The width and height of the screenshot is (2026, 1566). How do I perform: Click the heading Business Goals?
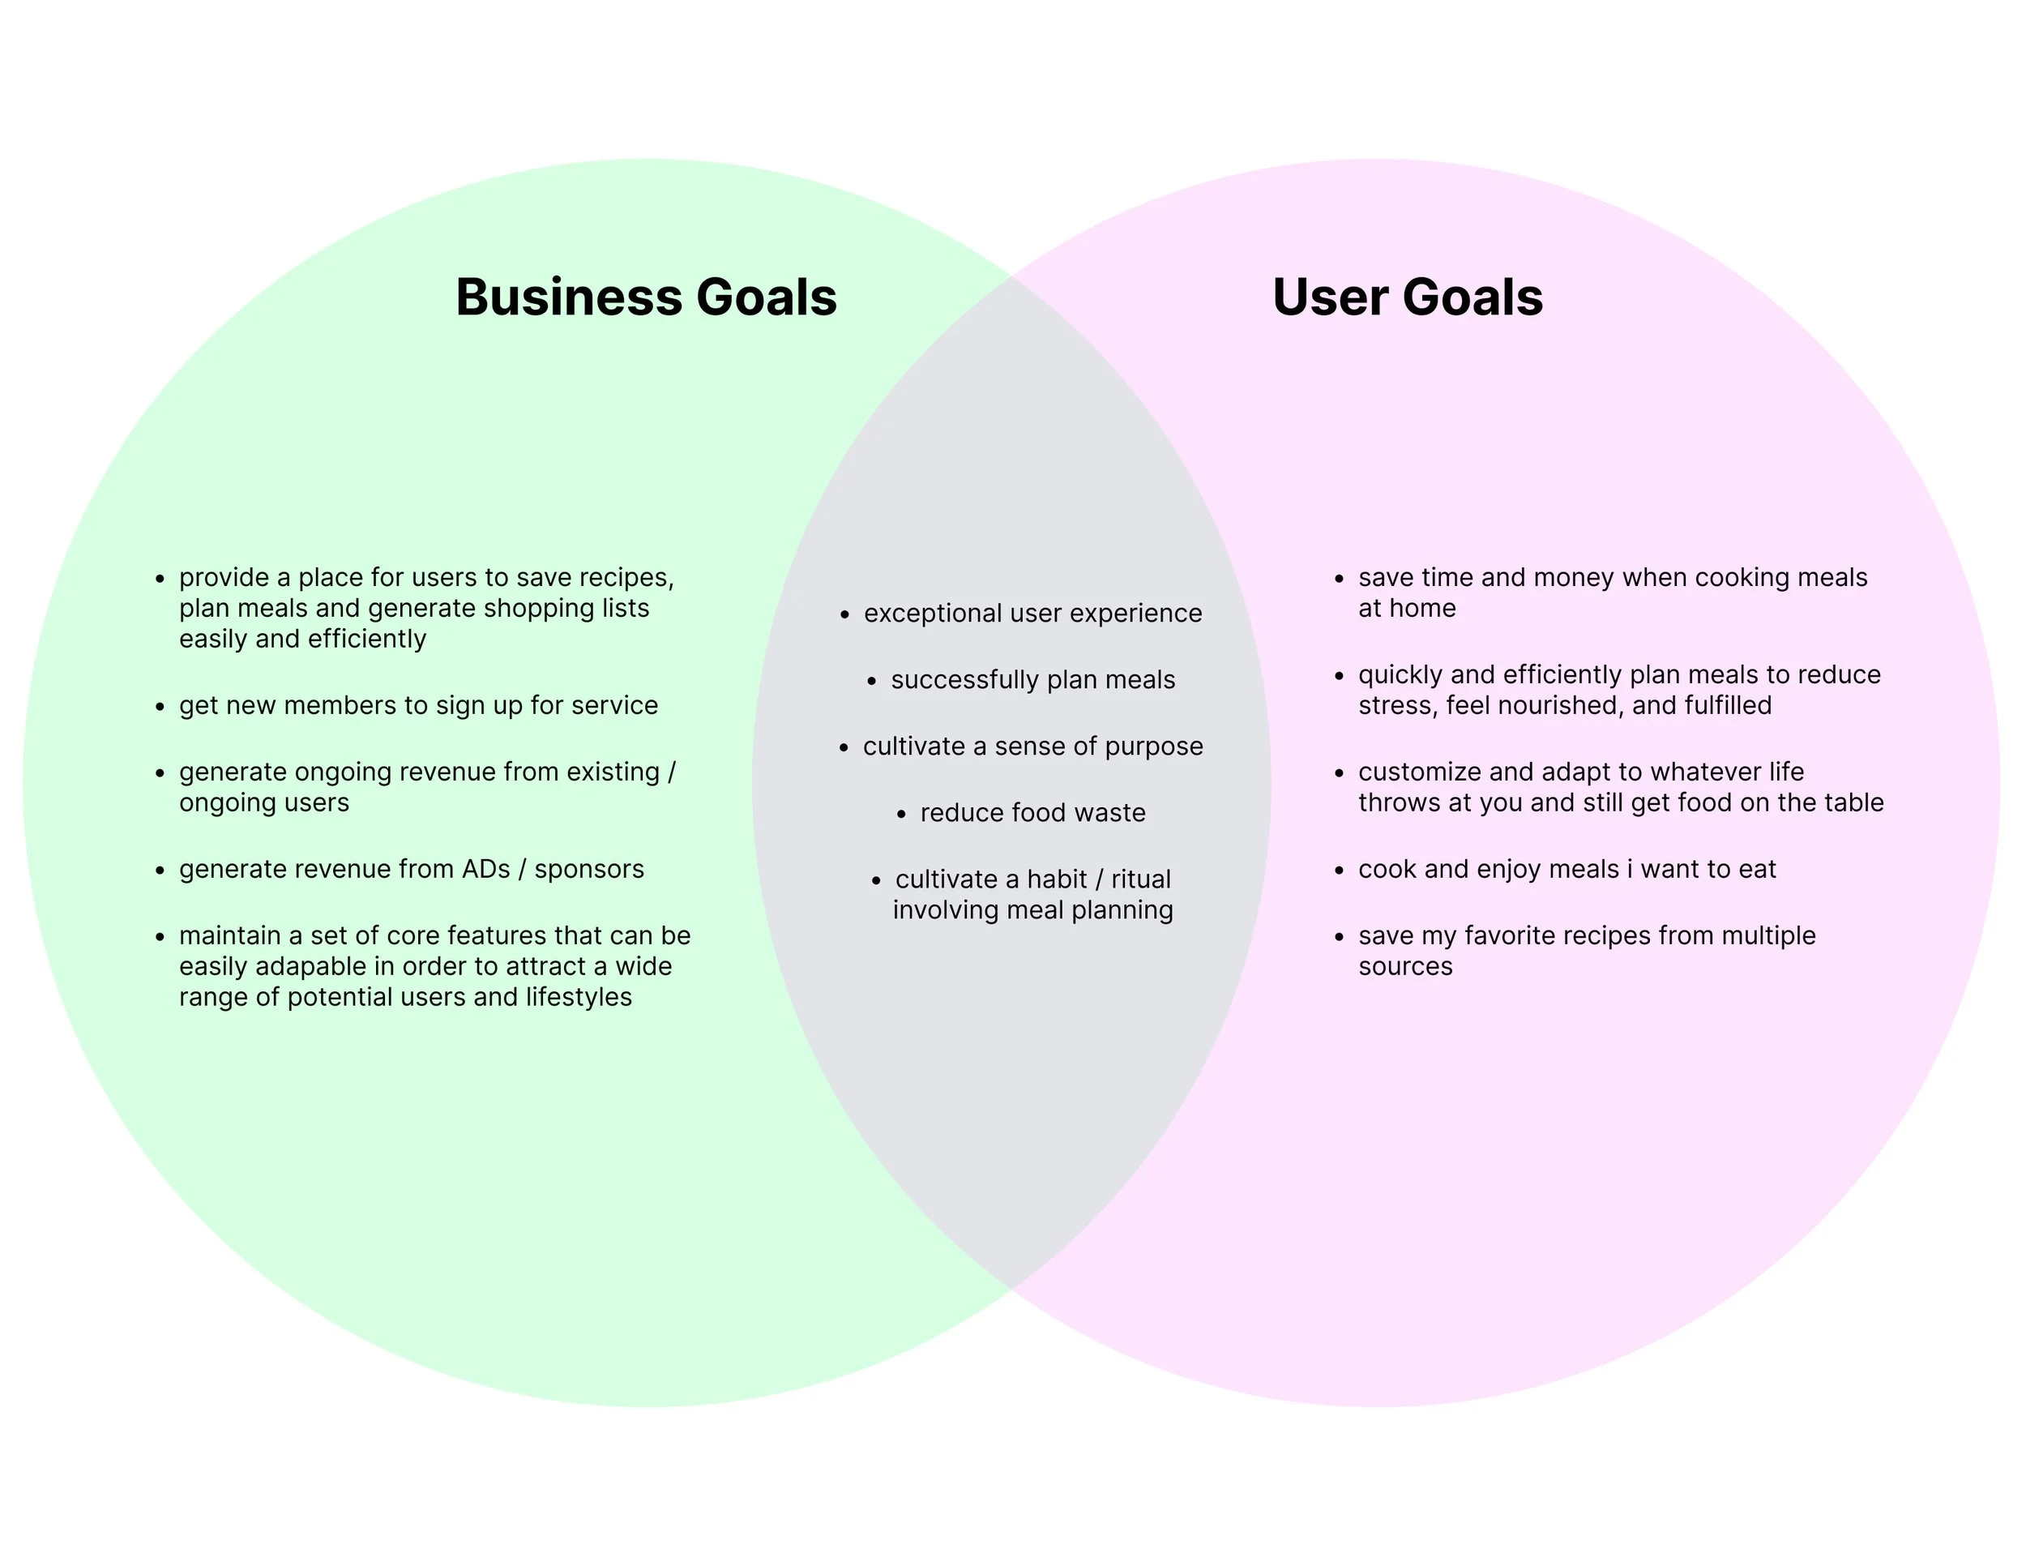coord(646,297)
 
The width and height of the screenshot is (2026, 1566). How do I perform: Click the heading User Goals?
coord(1407,297)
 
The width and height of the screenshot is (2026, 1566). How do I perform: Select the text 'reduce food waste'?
coord(1032,813)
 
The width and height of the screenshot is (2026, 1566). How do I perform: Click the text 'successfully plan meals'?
coord(1032,680)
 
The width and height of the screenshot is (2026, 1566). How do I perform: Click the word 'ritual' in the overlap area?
coord(1141,879)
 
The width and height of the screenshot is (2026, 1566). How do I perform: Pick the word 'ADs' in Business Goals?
coord(486,869)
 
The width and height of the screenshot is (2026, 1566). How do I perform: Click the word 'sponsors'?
coord(589,869)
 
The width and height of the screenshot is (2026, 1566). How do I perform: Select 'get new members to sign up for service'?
coord(418,706)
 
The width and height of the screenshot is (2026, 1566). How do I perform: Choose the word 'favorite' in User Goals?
coord(1511,936)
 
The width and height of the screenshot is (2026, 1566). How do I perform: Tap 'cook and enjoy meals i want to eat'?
coord(1567,869)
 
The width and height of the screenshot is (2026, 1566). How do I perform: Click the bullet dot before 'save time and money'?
coord(1339,579)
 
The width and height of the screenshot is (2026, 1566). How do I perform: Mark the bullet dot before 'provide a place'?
coord(160,579)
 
